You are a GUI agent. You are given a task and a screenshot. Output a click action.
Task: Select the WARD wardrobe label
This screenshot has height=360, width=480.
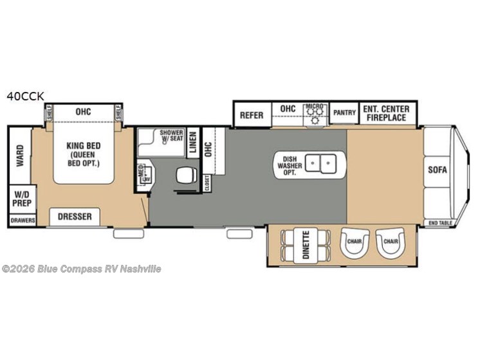19,155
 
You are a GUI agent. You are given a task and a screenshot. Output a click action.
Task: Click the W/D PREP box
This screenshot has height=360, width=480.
19,198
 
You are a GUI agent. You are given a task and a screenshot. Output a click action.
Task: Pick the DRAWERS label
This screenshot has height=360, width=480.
21,221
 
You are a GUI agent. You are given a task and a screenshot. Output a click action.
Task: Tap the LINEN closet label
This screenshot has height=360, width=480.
193,146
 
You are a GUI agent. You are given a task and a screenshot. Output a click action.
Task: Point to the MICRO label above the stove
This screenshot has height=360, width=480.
313,105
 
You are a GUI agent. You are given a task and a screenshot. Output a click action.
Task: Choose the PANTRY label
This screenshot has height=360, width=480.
344,113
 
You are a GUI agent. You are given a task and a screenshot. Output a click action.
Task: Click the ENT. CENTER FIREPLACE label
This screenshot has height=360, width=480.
385,113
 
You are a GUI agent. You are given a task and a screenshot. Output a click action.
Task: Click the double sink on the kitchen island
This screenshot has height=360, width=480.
320,165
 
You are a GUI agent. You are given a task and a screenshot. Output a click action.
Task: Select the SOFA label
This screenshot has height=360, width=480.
438,170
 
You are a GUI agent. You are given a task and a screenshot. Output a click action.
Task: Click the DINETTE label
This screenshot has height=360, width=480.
306,246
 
